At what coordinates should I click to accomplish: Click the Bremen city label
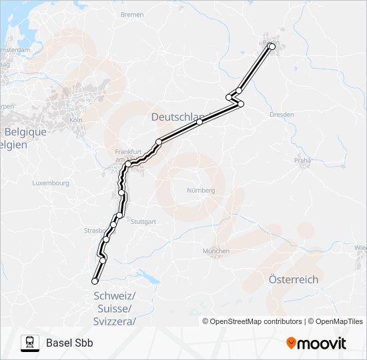pos(132,14)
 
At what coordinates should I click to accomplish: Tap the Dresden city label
pos(282,115)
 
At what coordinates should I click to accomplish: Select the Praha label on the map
pos(304,161)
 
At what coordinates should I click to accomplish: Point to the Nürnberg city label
pos(201,190)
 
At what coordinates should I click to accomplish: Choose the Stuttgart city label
pos(143,221)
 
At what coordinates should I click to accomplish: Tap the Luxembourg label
pos(51,183)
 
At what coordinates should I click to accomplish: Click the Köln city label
pos(75,120)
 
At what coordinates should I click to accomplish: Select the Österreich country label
pos(293,279)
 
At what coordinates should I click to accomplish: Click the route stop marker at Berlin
pos(272,47)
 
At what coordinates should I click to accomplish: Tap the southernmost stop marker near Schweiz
pos(95,281)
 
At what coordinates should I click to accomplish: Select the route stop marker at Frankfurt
pos(127,163)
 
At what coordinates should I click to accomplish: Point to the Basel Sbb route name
pos(69,343)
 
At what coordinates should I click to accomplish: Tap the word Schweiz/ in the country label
pos(115,296)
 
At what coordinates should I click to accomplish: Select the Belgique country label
pos(24,132)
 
